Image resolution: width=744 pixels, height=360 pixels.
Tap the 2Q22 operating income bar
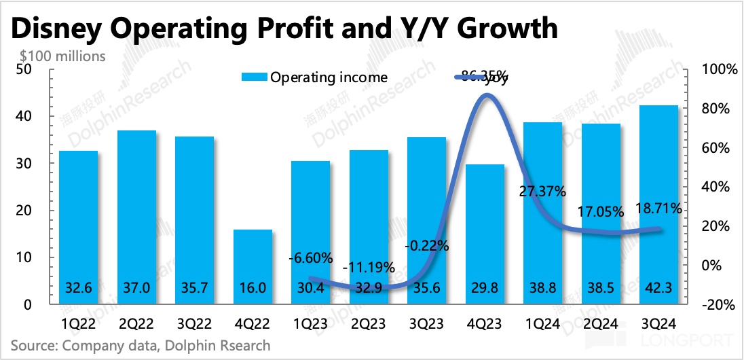click(138, 217)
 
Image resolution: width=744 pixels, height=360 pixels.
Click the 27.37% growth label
click(542, 191)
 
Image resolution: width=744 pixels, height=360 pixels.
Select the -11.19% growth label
click(369, 267)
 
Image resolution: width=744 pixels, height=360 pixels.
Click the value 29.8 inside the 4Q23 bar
click(485, 287)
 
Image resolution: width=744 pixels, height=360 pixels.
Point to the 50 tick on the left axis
click(23, 69)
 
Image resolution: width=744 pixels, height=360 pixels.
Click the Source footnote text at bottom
click(141, 345)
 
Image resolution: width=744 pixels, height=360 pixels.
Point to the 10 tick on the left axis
click(23, 258)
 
